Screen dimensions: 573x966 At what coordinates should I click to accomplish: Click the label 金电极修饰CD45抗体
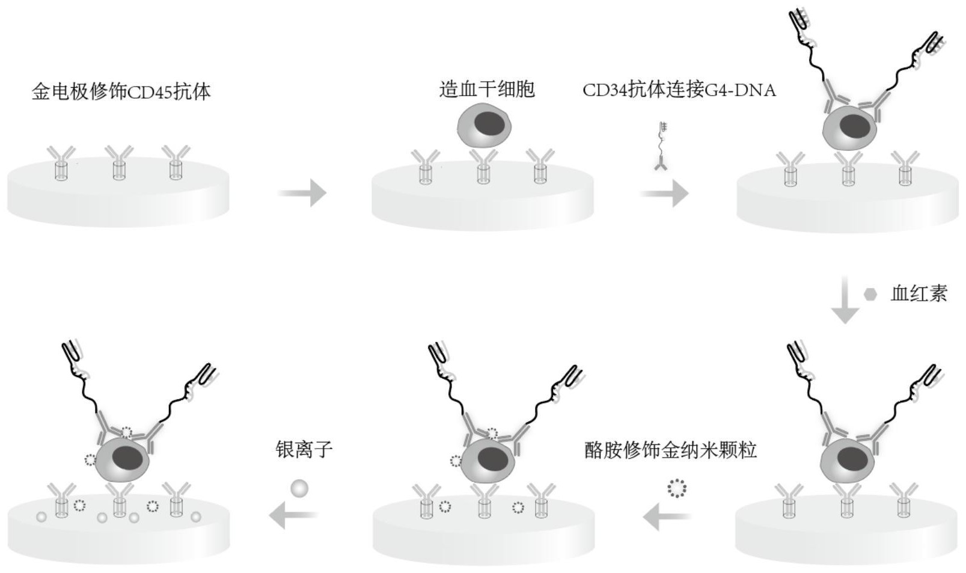(x=121, y=92)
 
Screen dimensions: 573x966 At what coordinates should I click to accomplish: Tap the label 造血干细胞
(x=486, y=90)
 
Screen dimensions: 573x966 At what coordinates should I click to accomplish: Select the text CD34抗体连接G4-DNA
(x=679, y=90)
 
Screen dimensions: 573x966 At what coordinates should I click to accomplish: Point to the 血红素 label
(x=919, y=293)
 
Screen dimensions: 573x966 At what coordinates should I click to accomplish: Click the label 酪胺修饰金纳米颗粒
(x=670, y=450)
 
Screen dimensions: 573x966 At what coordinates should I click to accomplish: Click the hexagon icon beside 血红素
(x=870, y=294)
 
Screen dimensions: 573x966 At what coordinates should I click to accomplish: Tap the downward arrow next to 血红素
(x=844, y=301)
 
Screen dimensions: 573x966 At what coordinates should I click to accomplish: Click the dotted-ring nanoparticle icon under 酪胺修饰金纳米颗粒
(x=677, y=488)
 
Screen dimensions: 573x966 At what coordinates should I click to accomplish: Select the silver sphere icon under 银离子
(x=299, y=488)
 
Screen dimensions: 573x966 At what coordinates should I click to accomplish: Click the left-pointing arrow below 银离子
(x=293, y=515)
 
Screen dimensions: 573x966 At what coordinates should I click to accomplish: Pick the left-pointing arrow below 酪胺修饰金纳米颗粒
(x=667, y=516)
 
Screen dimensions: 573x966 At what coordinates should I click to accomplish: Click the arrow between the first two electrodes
(x=302, y=193)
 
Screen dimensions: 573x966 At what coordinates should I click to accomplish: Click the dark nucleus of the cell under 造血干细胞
(x=489, y=123)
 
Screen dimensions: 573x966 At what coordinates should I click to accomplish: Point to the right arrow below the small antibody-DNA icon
(x=664, y=194)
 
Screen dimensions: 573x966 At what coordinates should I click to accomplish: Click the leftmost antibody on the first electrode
(x=61, y=162)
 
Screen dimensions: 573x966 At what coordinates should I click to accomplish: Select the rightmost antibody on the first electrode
(x=176, y=162)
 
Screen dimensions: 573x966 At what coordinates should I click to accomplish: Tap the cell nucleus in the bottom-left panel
(x=127, y=459)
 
